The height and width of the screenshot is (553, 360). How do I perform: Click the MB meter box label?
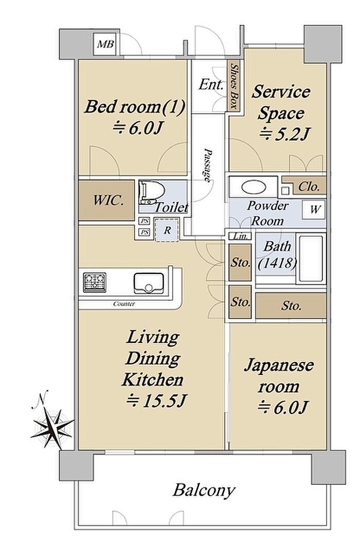[x=105, y=44]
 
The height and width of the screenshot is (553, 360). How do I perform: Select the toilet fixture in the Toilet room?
[x=152, y=193]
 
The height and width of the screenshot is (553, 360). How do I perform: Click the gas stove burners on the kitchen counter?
[x=95, y=282]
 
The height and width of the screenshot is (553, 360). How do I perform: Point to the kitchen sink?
[x=149, y=283]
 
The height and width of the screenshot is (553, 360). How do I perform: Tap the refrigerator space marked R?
[x=167, y=230]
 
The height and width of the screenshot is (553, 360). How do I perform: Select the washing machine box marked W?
[x=314, y=210]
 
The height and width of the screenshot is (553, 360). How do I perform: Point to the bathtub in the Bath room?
[x=311, y=259]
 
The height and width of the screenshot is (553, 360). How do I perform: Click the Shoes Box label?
[x=233, y=86]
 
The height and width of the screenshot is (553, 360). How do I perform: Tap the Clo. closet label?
[x=309, y=187]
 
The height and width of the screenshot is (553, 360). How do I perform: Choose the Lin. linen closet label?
[x=240, y=236]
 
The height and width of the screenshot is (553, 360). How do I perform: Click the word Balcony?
[x=204, y=490]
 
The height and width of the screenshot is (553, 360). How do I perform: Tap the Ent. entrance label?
[x=211, y=85]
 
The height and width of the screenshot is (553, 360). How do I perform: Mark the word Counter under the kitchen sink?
[x=124, y=304]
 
